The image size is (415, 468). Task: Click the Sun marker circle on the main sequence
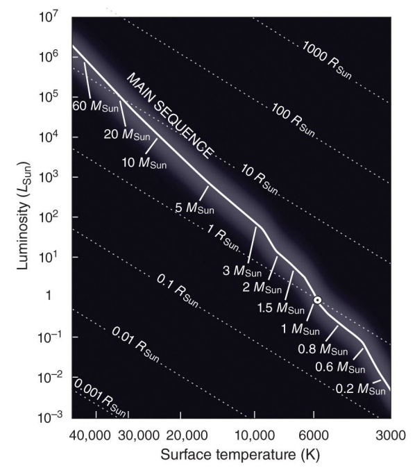coord(317,300)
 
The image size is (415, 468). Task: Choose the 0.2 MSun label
coord(362,390)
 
